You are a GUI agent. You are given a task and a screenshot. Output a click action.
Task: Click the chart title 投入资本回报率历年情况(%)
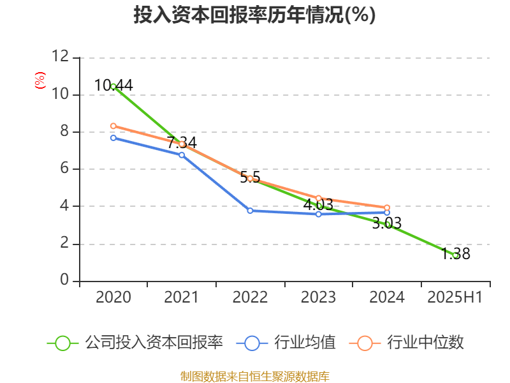[254, 15]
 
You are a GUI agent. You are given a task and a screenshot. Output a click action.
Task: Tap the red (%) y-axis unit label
[40, 80]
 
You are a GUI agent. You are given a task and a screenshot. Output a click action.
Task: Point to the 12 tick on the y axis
[61, 56]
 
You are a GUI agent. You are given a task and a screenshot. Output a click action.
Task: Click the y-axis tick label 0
[64, 280]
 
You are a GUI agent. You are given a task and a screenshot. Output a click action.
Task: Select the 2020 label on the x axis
[113, 297]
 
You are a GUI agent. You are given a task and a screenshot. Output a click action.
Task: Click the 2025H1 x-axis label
[455, 297]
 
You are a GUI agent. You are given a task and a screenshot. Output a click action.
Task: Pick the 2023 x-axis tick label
[318, 297]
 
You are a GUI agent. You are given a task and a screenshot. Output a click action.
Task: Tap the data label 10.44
[113, 86]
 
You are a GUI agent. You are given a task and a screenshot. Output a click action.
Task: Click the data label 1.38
[456, 253]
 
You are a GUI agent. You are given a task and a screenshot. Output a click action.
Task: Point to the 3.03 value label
[387, 223]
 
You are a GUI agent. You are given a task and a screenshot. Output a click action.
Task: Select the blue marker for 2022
[250, 211]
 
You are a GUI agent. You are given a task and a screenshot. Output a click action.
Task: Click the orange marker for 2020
[113, 126]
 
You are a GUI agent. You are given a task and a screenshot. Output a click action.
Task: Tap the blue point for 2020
[113, 138]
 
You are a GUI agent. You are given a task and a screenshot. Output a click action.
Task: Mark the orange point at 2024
[387, 208]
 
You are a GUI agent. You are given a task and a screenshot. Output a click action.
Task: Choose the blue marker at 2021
[182, 155]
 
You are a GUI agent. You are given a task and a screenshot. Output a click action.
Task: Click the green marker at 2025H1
[456, 256]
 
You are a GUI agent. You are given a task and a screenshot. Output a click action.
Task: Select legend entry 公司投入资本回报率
[135, 343]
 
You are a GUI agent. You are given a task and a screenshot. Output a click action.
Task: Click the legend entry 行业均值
[286, 343]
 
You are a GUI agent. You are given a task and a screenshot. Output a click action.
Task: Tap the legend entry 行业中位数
[406, 343]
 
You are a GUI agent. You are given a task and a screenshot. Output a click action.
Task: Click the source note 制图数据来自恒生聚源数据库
[255, 377]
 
